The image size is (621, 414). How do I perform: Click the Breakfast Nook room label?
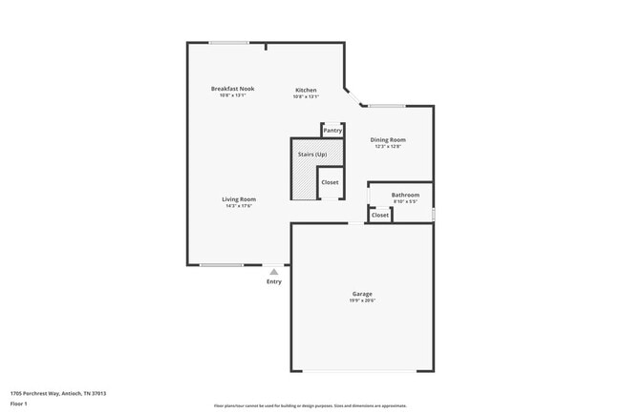[232, 89]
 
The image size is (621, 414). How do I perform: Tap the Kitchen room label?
[306, 90]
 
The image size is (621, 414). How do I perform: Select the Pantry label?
[332, 131]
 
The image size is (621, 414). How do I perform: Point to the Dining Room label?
[388, 140]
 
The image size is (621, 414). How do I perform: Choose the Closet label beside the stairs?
[330, 181]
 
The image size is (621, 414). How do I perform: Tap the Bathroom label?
[405, 195]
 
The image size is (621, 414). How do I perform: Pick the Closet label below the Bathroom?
[380, 215]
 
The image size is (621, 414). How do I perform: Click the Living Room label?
[240, 198]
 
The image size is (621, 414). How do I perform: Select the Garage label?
[362, 294]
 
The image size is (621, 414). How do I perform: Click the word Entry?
[274, 281]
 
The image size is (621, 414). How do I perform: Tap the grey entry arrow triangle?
[274, 272]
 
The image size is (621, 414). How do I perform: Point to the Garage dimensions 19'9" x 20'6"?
[362, 300]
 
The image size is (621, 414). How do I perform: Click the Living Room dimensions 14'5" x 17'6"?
[240, 205]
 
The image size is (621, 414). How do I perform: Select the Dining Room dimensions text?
[388, 147]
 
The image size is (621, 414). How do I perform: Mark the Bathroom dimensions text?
[405, 201]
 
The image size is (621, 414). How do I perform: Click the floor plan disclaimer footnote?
[310, 405]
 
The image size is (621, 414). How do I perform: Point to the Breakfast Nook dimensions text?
[232, 95]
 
